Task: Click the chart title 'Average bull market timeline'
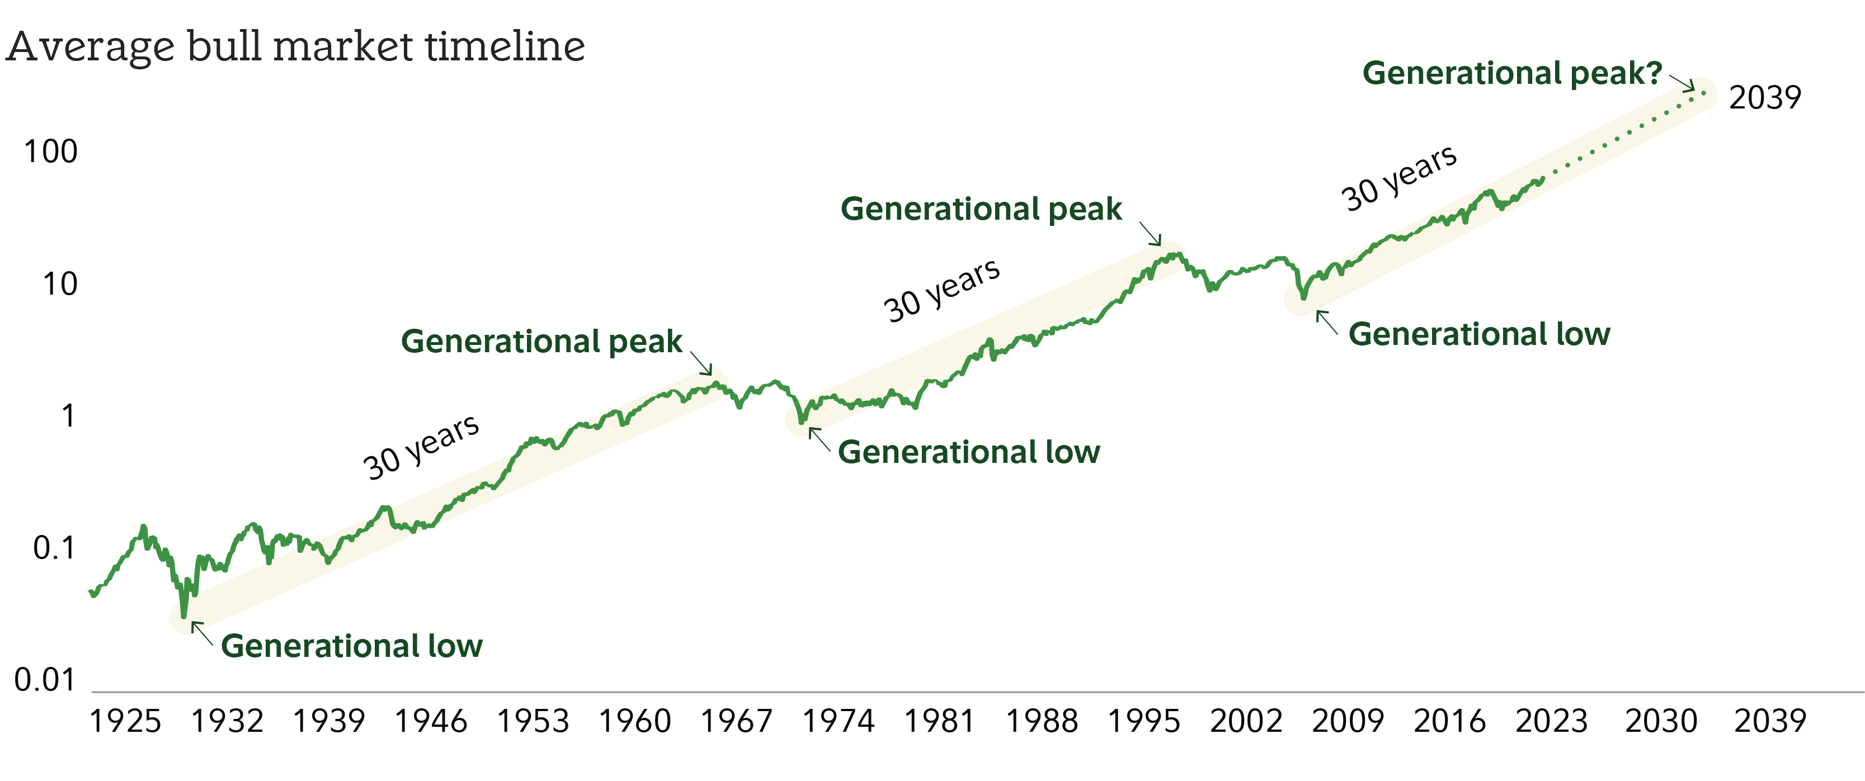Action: (295, 47)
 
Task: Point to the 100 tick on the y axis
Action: (51, 152)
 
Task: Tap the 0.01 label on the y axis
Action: (45, 680)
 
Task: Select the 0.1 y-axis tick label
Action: (54, 548)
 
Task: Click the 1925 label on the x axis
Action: (125, 722)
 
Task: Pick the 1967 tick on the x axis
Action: (736, 722)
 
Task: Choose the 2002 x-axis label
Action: (1246, 722)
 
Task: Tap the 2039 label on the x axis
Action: (1770, 722)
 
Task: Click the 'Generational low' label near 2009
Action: (1479, 334)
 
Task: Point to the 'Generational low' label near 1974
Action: (969, 452)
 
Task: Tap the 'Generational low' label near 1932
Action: (351, 646)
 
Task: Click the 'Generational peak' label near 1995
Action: (981, 209)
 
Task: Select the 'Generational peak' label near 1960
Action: (541, 342)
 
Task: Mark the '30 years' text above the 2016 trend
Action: (1398, 177)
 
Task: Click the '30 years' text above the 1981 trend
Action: (942, 290)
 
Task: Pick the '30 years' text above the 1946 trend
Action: (421, 447)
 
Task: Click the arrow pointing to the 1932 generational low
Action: (201, 633)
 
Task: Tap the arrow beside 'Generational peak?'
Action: (1681, 83)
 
